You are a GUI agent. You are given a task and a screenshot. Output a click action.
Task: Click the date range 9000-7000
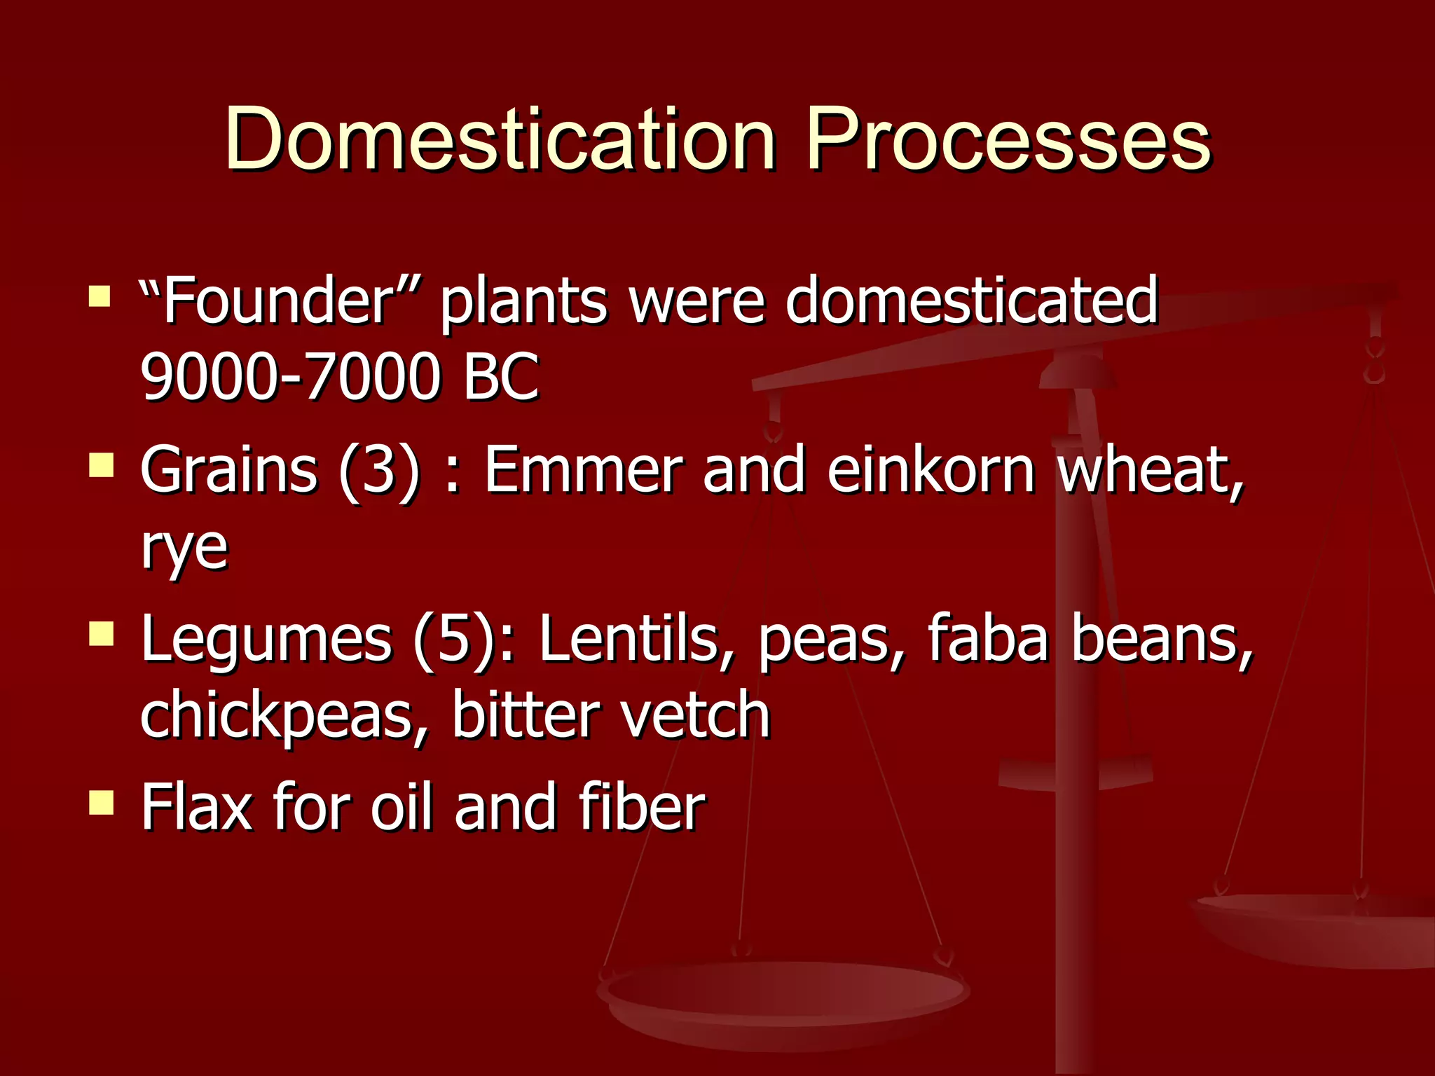[290, 377]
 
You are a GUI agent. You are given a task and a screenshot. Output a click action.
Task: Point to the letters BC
[500, 377]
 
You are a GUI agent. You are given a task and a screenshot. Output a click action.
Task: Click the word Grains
[228, 469]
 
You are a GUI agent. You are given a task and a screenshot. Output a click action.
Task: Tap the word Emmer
[583, 469]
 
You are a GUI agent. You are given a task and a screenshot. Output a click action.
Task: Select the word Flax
[196, 807]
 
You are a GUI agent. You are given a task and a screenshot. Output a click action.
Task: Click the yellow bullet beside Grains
[102, 464]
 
